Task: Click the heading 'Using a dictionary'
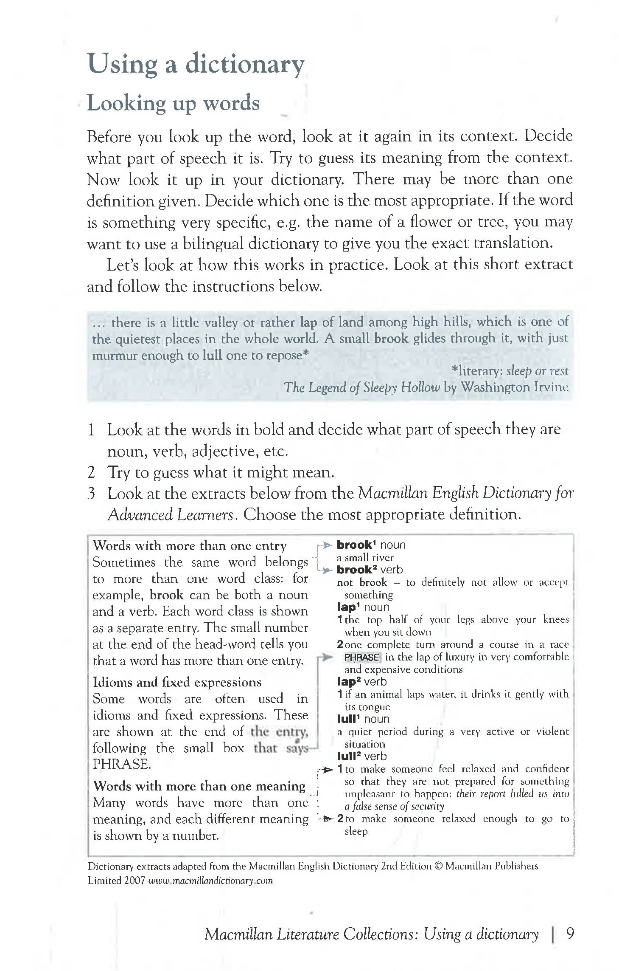pyautogui.click(x=196, y=64)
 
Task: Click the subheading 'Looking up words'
pyautogui.click(x=173, y=103)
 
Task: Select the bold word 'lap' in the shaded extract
pyautogui.click(x=308, y=322)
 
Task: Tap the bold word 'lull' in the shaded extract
pyautogui.click(x=212, y=355)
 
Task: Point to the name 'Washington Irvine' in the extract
pyautogui.click(x=514, y=387)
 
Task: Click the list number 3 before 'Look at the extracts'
pyautogui.click(x=91, y=494)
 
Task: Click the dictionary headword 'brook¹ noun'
pyautogui.click(x=371, y=545)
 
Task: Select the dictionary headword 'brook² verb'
pyautogui.click(x=370, y=570)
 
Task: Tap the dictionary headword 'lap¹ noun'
pyautogui.click(x=363, y=607)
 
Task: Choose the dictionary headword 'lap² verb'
pyautogui.click(x=361, y=682)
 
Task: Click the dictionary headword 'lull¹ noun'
pyautogui.click(x=363, y=719)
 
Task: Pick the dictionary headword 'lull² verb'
pyautogui.click(x=361, y=756)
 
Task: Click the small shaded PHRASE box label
pyautogui.click(x=361, y=658)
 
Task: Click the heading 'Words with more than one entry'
pyautogui.click(x=190, y=546)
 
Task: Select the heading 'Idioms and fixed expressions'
pyautogui.click(x=177, y=682)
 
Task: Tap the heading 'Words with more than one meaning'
pyautogui.click(x=199, y=786)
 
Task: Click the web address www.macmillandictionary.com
pyautogui.click(x=210, y=881)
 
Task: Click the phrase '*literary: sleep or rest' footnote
pyautogui.click(x=510, y=371)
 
